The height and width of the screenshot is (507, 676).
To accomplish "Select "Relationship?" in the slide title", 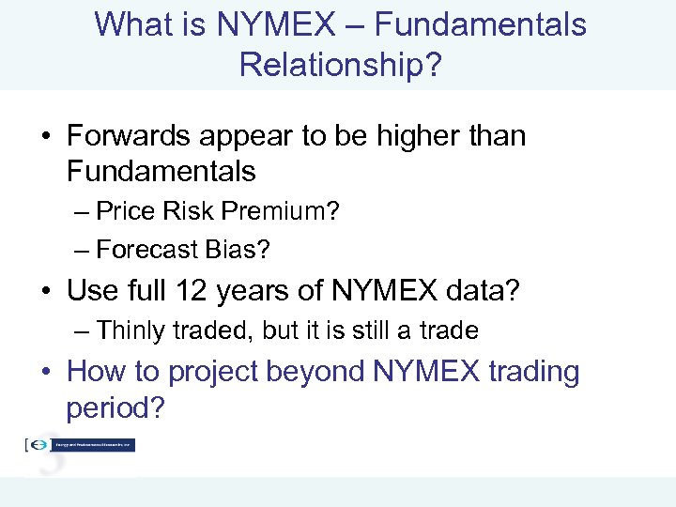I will [338, 65].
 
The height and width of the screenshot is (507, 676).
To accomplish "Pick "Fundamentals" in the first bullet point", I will [161, 172].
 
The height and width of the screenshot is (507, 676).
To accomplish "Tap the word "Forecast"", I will [144, 250].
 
